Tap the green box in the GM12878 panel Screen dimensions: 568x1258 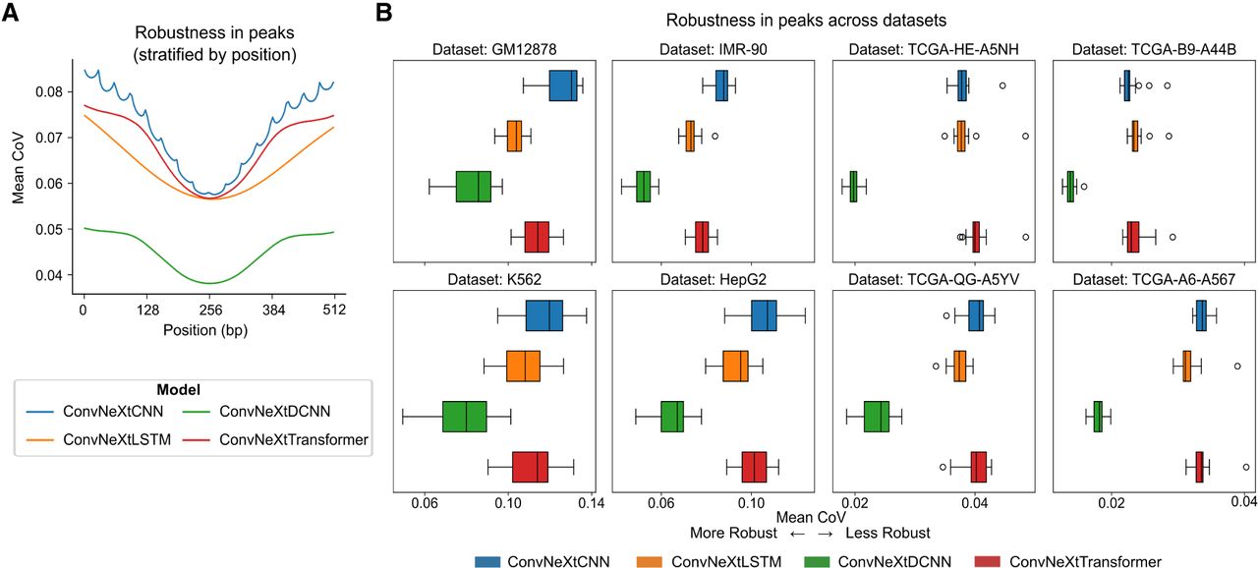[x=474, y=186]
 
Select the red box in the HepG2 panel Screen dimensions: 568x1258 [x=754, y=467]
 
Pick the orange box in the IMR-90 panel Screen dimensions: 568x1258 [x=690, y=136]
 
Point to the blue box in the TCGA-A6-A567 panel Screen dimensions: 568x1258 [x=1200, y=315]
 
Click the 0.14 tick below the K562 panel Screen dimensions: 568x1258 [x=591, y=504]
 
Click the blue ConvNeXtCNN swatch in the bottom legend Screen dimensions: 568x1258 [x=487, y=561]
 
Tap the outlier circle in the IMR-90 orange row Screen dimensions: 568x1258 [x=715, y=136]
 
